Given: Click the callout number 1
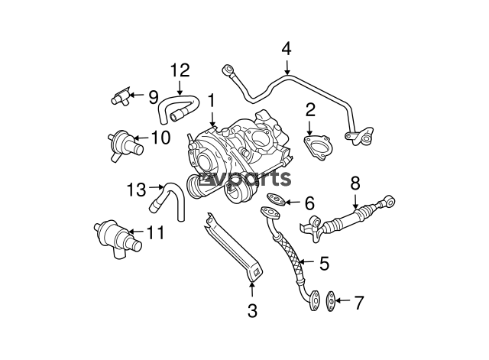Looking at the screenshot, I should [x=210, y=99].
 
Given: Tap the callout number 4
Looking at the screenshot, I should [x=286, y=50].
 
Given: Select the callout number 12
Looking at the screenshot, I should [x=179, y=71].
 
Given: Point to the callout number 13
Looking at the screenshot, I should [x=135, y=189].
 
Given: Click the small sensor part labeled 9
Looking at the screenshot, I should [x=118, y=97].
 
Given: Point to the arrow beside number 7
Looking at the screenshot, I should [x=344, y=301].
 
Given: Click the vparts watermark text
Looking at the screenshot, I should [x=251, y=178].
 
